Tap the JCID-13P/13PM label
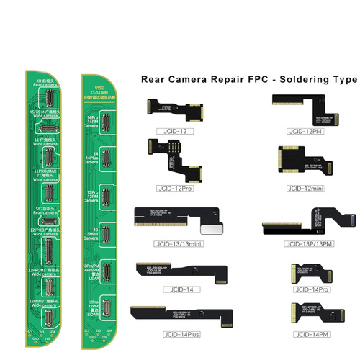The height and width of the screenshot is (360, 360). [311, 243]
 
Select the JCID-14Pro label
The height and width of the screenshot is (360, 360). [309, 289]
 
